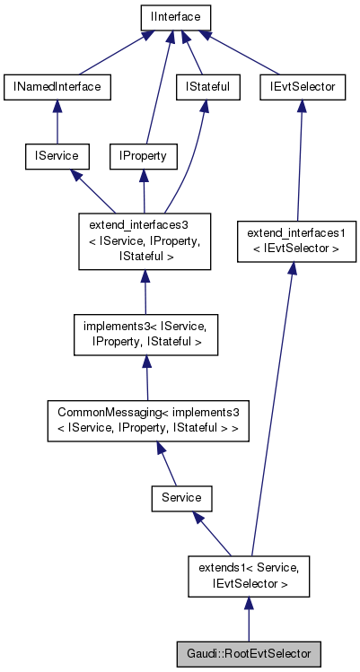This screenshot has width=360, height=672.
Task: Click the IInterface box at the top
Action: pyautogui.click(x=175, y=16)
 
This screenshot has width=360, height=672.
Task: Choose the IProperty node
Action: pyautogui.click(x=143, y=156)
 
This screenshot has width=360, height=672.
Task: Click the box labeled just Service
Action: pyautogui.click(x=181, y=496)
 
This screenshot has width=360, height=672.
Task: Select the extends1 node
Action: pyautogui.click(x=249, y=575)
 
